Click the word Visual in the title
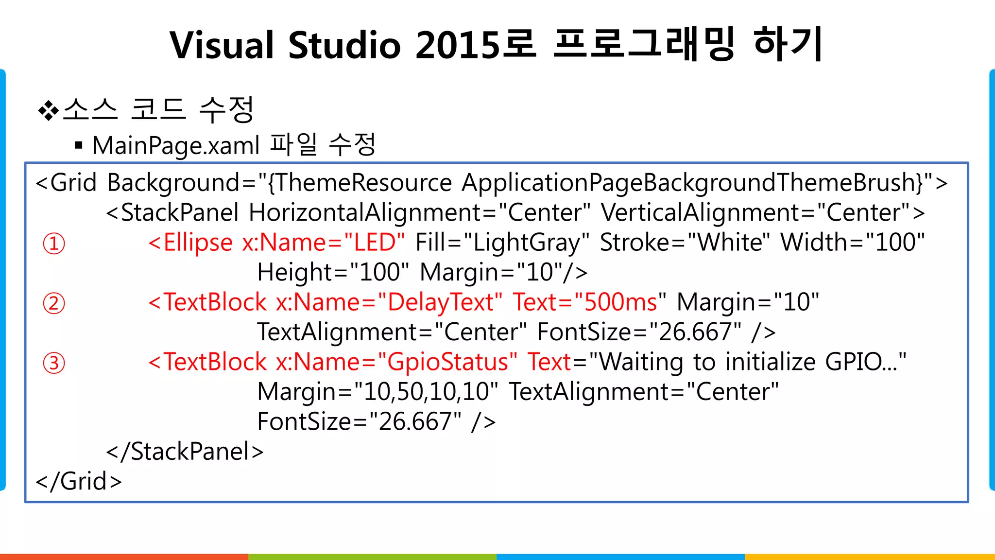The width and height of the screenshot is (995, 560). (222, 45)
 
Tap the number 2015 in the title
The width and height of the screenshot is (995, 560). (457, 45)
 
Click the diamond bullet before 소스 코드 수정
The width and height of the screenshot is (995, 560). (48, 110)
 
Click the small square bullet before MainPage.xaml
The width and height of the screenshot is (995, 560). (79, 145)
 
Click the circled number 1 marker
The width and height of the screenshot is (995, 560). (54, 244)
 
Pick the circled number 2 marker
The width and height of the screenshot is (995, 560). (54, 303)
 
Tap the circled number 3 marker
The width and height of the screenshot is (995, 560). (54, 363)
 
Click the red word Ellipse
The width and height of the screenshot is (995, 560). (198, 243)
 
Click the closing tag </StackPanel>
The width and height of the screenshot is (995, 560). (185, 452)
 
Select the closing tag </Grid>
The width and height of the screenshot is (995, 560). (79, 481)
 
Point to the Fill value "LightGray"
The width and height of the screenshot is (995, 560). (527, 243)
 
